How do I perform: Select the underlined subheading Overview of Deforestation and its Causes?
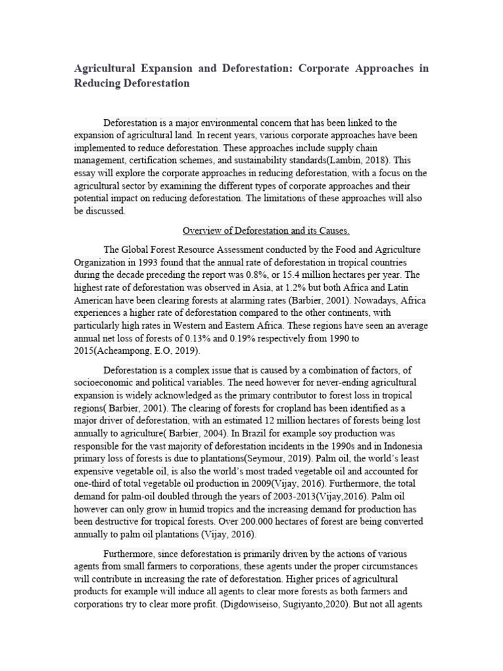[x=266, y=231]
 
